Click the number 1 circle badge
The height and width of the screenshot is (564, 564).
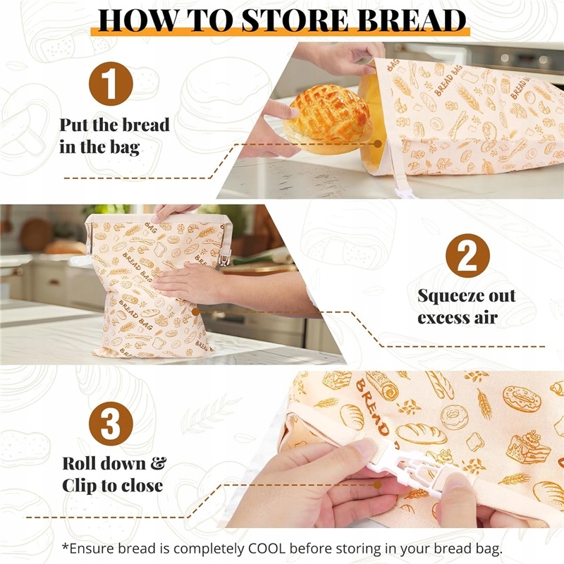tap(111, 83)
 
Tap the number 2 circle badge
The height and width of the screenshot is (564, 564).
tap(467, 256)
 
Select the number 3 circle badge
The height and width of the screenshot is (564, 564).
tap(111, 424)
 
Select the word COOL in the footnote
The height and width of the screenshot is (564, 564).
tap(267, 548)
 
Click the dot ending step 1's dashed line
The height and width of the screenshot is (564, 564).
tap(378, 144)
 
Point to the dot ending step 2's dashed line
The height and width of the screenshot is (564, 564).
tap(195, 312)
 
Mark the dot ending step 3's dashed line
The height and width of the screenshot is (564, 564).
tap(377, 485)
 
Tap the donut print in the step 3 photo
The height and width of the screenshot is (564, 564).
tap(522, 399)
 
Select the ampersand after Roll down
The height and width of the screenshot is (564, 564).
tap(158, 463)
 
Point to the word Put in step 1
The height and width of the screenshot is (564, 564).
tap(74, 125)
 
